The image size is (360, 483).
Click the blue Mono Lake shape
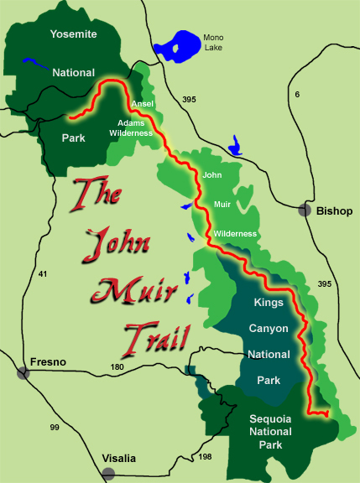click(178, 46)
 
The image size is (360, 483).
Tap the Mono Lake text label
click(214, 44)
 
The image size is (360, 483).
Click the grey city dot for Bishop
click(305, 210)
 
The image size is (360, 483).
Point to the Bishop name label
click(334, 210)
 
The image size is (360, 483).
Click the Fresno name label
click(48, 362)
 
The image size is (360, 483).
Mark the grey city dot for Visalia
click(107, 475)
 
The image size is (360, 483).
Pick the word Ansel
click(143, 104)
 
